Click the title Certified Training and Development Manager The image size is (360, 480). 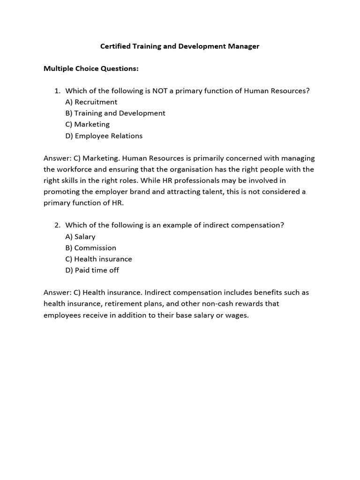click(x=180, y=46)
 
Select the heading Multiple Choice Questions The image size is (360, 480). click(x=91, y=68)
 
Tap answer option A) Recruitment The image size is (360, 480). click(x=91, y=102)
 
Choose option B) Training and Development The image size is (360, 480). click(x=115, y=113)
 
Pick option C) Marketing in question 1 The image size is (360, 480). click(x=88, y=124)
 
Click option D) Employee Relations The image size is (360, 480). click(x=104, y=136)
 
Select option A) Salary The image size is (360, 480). click(x=81, y=237)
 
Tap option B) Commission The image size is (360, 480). click(x=91, y=247)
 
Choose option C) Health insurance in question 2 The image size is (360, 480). click(x=99, y=259)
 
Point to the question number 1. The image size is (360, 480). click(x=57, y=90)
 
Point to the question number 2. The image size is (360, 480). click(x=57, y=225)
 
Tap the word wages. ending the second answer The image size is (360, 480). click(x=239, y=315)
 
